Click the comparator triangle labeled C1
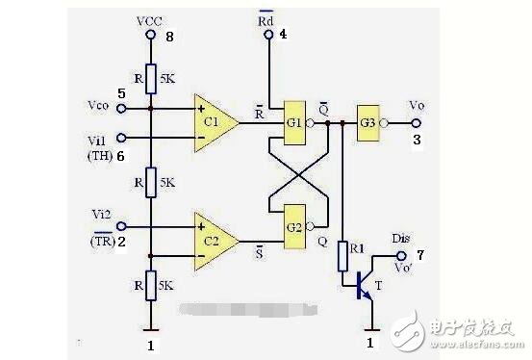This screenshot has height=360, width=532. pos(213,122)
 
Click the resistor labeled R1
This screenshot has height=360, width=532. pos(342,255)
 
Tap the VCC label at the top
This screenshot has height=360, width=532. pos(150,19)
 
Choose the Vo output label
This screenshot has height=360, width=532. pos(416,104)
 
